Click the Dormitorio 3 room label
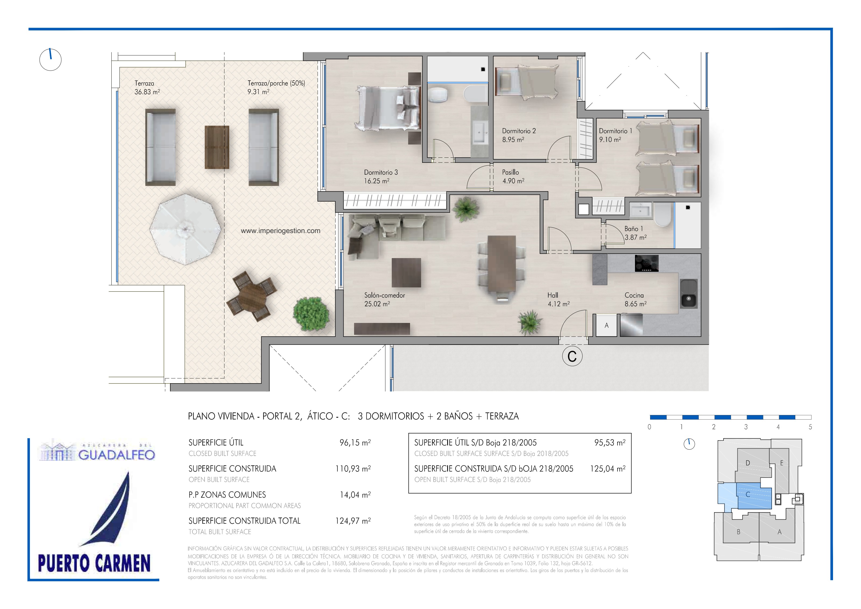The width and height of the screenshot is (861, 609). (x=381, y=177)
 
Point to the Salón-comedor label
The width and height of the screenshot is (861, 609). (x=385, y=299)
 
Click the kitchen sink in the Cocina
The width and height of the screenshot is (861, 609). (x=689, y=294)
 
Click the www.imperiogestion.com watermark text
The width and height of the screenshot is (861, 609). (x=281, y=231)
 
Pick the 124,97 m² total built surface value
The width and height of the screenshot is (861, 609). (x=353, y=521)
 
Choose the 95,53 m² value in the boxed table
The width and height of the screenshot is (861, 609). (x=610, y=442)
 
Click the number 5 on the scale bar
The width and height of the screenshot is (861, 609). (x=810, y=427)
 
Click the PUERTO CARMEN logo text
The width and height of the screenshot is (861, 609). (x=94, y=563)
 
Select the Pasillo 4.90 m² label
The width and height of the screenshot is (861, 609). (x=513, y=176)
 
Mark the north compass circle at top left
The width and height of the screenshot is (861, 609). (x=50, y=60)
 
